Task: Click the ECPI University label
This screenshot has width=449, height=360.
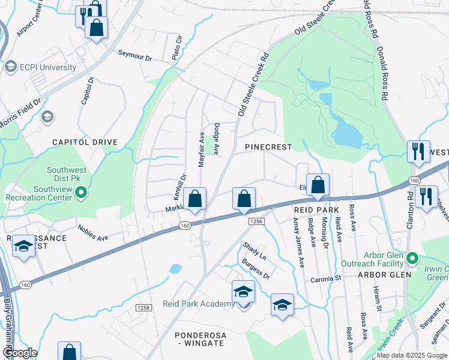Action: point(48,67)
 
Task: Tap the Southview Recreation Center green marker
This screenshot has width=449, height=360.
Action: point(83,193)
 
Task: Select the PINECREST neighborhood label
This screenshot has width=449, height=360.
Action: point(268,147)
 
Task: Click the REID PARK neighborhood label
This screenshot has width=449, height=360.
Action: point(316,210)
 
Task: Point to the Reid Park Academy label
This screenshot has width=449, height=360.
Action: point(199,304)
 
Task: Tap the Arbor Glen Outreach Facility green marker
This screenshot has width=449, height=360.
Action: point(412,259)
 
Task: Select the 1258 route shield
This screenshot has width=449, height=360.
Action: point(143,308)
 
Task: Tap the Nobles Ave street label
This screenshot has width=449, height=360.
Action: point(92,233)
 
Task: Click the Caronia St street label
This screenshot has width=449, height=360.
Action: point(326,279)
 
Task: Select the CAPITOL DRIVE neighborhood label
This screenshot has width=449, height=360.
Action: point(85,142)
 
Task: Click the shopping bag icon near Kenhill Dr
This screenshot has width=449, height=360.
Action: point(195,199)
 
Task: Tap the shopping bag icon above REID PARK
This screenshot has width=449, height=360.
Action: point(318,185)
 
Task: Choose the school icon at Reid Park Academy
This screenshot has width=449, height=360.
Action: point(243,292)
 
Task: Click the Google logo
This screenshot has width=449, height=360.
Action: point(21,353)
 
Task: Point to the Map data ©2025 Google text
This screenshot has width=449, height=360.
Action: point(412,355)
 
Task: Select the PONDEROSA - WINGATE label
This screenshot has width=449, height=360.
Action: point(199,338)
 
